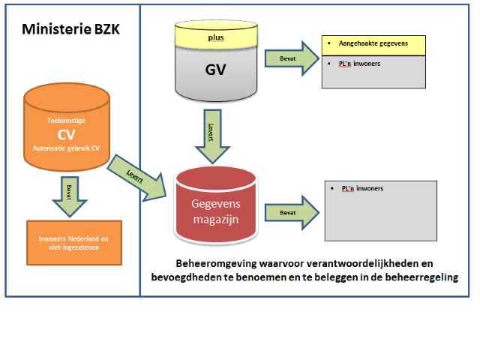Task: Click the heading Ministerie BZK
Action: pyautogui.click(x=70, y=30)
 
